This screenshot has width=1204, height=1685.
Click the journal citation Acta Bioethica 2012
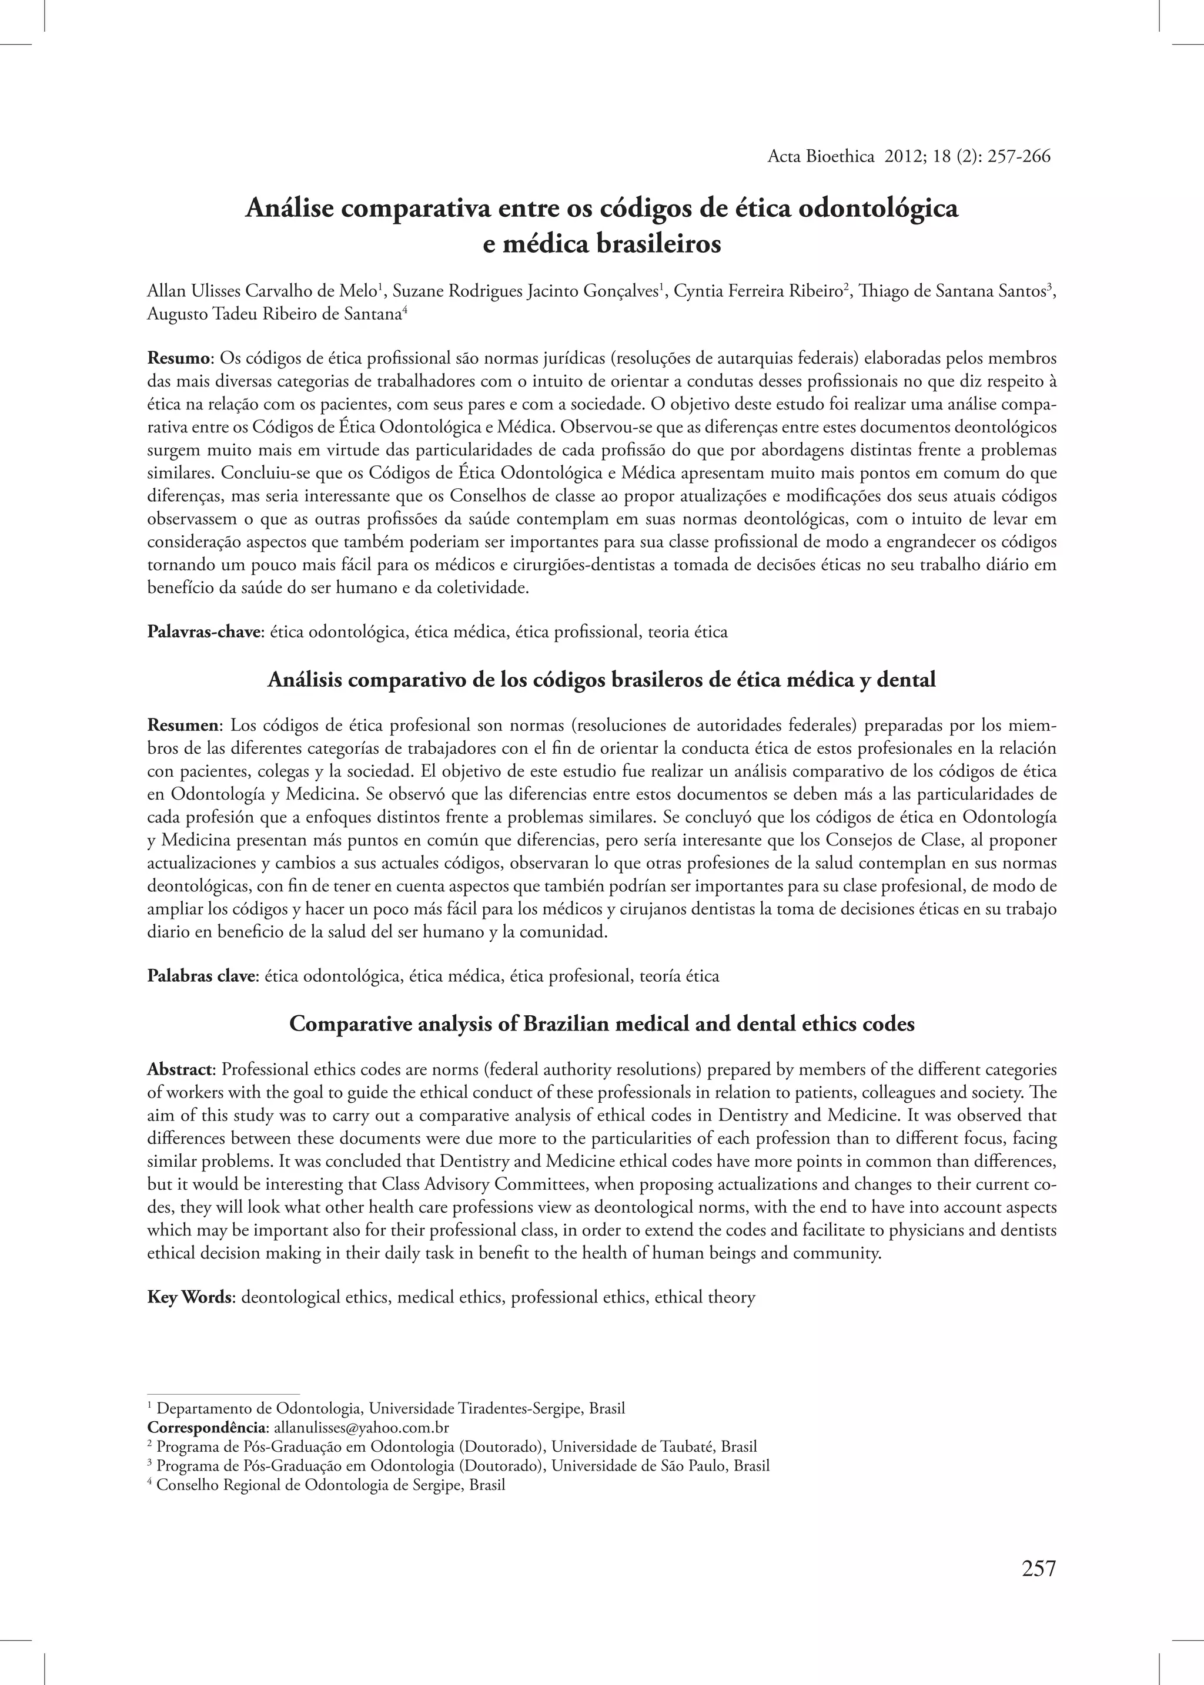[x=908, y=156]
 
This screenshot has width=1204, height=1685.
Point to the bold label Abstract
[x=181, y=1069]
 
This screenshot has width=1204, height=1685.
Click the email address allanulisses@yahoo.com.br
[x=362, y=1427]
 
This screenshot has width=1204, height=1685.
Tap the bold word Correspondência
[x=208, y=1427]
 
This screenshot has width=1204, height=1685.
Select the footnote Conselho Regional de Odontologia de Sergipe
[x=330, y=1485]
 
